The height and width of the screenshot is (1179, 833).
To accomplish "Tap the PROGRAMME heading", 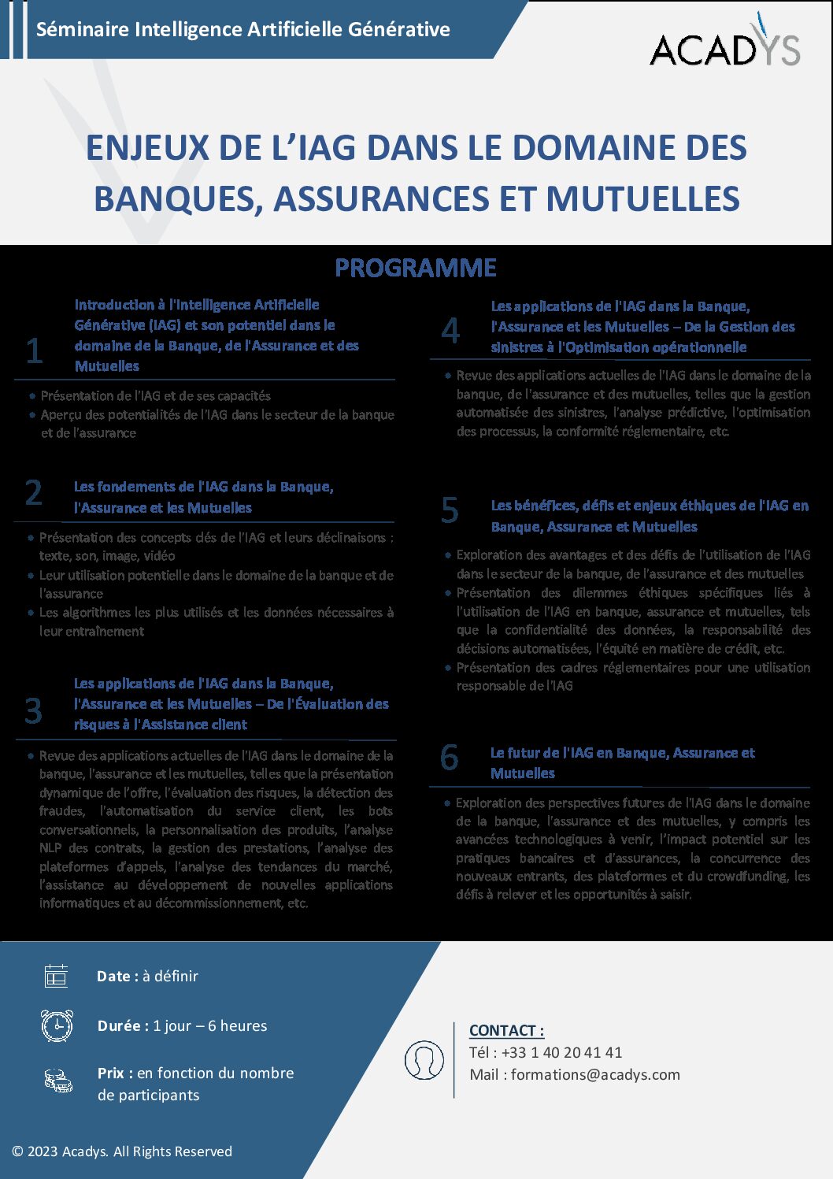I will (x=416, y=268).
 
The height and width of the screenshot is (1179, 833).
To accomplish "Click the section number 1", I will (x=34, y=350).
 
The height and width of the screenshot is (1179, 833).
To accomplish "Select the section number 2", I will (x=34, y=493).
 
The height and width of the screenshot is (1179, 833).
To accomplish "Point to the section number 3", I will (x=34, y=710).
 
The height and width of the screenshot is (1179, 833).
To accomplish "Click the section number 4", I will (x=450, y=331).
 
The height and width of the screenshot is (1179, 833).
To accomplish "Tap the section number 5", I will (x=450, y=510).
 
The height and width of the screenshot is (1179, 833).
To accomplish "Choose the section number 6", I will (x=450, y=758).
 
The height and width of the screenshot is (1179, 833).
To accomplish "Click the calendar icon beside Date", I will (x=56, y=976).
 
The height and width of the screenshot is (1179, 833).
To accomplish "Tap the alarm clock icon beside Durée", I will (x=57, y=1025).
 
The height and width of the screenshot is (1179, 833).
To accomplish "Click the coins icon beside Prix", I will (x=58, y=1080).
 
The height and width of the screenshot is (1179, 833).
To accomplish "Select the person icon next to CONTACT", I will (x=424, y=1059).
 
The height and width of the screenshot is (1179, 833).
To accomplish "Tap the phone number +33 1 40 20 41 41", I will (x=561, y=1053).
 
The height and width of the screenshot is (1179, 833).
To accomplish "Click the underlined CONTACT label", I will (x=506, y=1031).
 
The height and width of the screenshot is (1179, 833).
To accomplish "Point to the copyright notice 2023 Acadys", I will (x=122, y=1151).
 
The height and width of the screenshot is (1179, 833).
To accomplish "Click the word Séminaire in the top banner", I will (x=83, y=30).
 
